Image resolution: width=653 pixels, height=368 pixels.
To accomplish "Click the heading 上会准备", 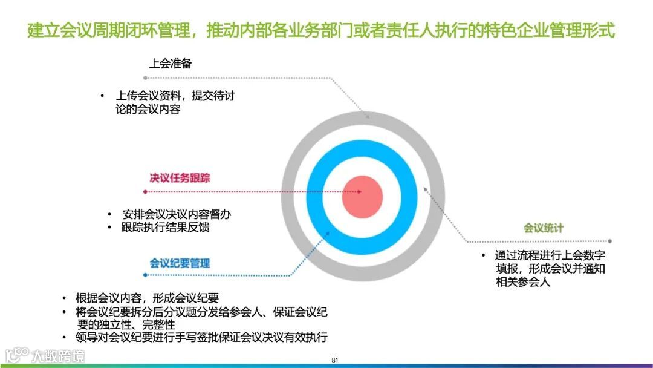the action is [171, 64].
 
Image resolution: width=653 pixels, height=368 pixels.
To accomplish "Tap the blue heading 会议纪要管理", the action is [180, 263].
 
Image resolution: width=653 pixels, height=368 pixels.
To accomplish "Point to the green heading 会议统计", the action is [543, 228].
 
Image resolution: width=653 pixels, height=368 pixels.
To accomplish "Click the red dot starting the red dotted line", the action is [145, 192].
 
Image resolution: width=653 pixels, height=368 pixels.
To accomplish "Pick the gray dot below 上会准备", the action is [145, 77].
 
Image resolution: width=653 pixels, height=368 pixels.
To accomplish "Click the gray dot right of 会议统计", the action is [610, 241].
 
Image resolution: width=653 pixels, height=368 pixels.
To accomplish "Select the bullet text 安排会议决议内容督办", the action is [177, 214].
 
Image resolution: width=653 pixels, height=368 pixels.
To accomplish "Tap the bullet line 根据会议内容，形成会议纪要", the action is [147, 298].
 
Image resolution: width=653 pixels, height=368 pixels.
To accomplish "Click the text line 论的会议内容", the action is [148, 110].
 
